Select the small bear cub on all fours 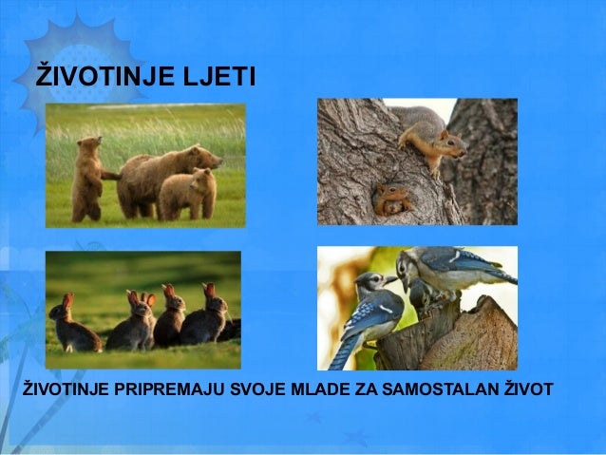click(185, 193)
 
